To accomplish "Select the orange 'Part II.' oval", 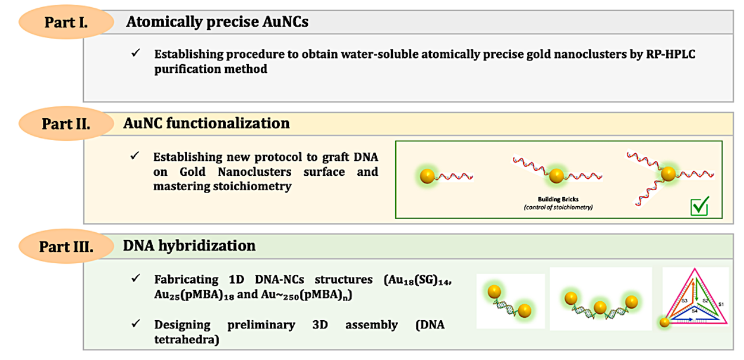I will pyautogui.click(x=66, y=124).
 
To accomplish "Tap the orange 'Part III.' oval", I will pyautogui.click(x=66, y=247).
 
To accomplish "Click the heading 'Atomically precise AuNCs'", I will pyautogui.click(x=217, y=23).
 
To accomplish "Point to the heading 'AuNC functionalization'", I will pyautogui.click(x=206, y=123).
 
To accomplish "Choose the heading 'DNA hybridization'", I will pyautogui.click(x=190, y=245).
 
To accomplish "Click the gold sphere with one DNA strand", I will pyautogui.click(x=427, y=176).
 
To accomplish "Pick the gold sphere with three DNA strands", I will pyautogui.click(x=668, y=173).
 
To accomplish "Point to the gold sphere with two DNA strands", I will pyautogui.click(x=556, y=176).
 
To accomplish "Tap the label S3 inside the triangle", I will pyautogui.click(x=685, y=301).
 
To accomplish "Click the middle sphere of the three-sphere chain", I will pyautogui.click(x=600, y=308).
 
